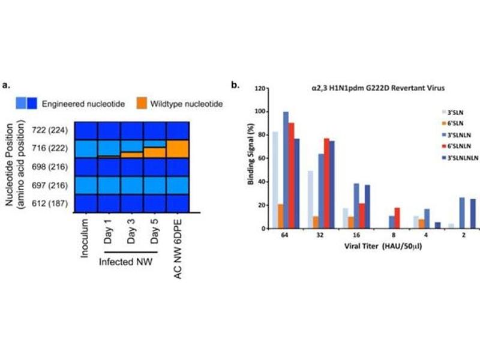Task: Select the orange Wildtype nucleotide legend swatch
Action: (x=149, y=104)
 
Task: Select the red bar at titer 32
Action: (x=326, y=183)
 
